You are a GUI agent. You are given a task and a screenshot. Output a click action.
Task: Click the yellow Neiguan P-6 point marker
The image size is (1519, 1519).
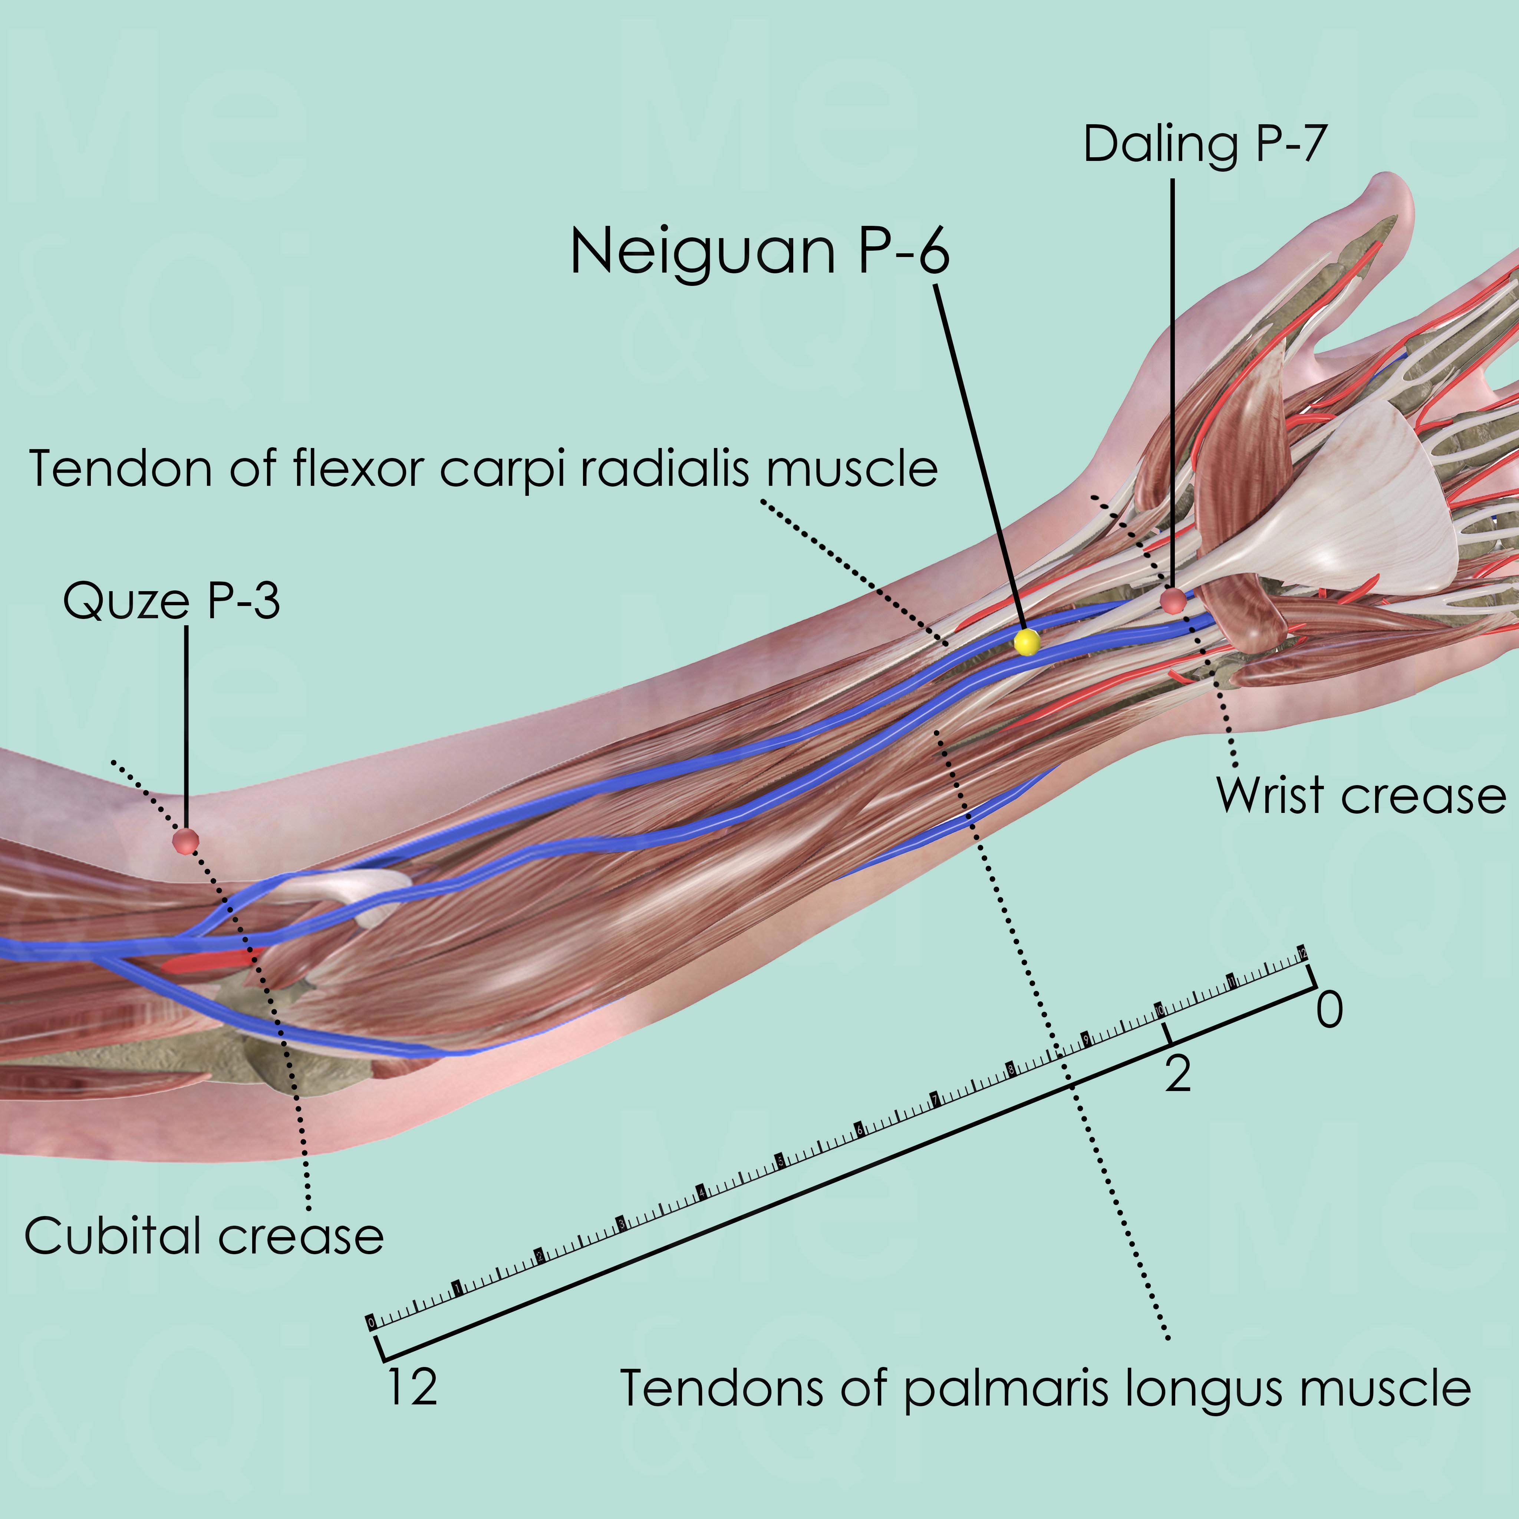click(1027, 642)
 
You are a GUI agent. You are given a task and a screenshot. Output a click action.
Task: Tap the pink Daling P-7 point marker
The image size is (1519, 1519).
click(1173, 601)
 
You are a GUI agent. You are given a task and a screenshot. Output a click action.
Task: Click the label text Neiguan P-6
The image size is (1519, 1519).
click(759, 251)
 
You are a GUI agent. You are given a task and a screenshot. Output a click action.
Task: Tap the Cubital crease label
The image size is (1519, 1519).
click(204, 1236)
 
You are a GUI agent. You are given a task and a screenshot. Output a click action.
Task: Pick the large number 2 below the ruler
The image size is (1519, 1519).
click(1178, 1074)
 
